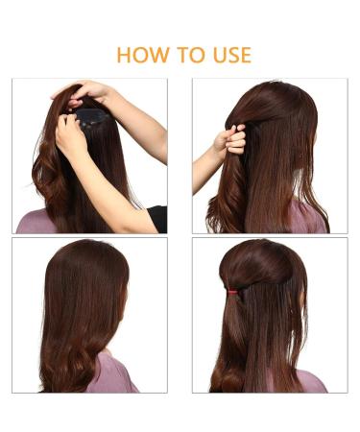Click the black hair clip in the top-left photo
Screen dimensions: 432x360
point(92,118)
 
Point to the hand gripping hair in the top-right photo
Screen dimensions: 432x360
point(232,142)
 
